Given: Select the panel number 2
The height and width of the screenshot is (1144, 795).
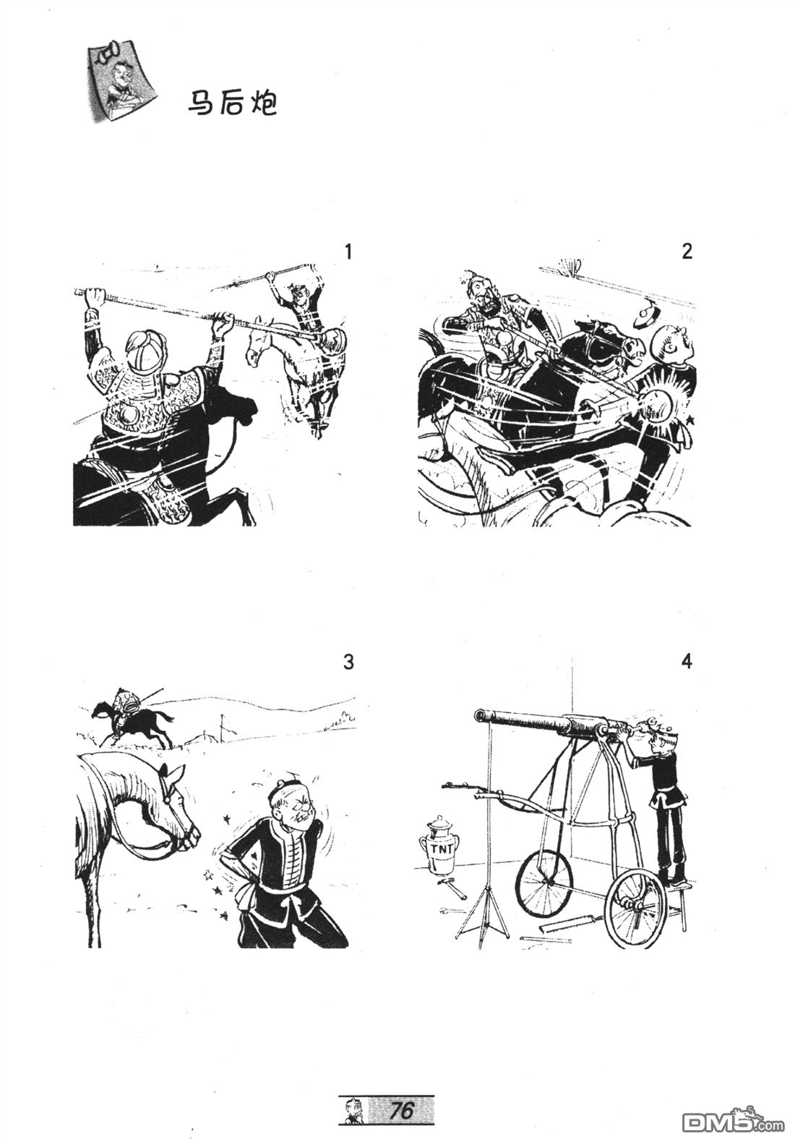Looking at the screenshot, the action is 687,252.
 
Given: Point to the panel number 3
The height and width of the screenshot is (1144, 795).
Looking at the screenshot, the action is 348,662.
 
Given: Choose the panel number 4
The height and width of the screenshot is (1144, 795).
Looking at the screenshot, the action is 687,662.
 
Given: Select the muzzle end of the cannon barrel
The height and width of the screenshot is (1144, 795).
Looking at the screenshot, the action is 479,715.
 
